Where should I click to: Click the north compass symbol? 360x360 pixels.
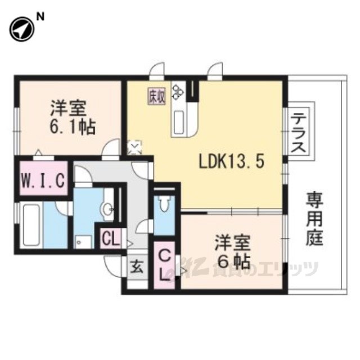22,29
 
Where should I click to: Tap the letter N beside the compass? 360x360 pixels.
40,17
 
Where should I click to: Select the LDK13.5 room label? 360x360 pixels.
231,161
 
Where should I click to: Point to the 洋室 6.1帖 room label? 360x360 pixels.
73,118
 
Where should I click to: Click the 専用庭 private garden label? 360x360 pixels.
315,219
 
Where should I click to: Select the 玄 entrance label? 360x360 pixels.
137,267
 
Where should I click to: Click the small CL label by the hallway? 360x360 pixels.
111,238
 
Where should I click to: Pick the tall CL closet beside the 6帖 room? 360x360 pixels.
164,265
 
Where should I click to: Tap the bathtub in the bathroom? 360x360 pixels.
31,226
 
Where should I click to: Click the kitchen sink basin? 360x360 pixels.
179,122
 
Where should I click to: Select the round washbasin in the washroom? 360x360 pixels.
107,209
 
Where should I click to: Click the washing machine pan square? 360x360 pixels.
83,242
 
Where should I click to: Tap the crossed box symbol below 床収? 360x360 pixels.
134,147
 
